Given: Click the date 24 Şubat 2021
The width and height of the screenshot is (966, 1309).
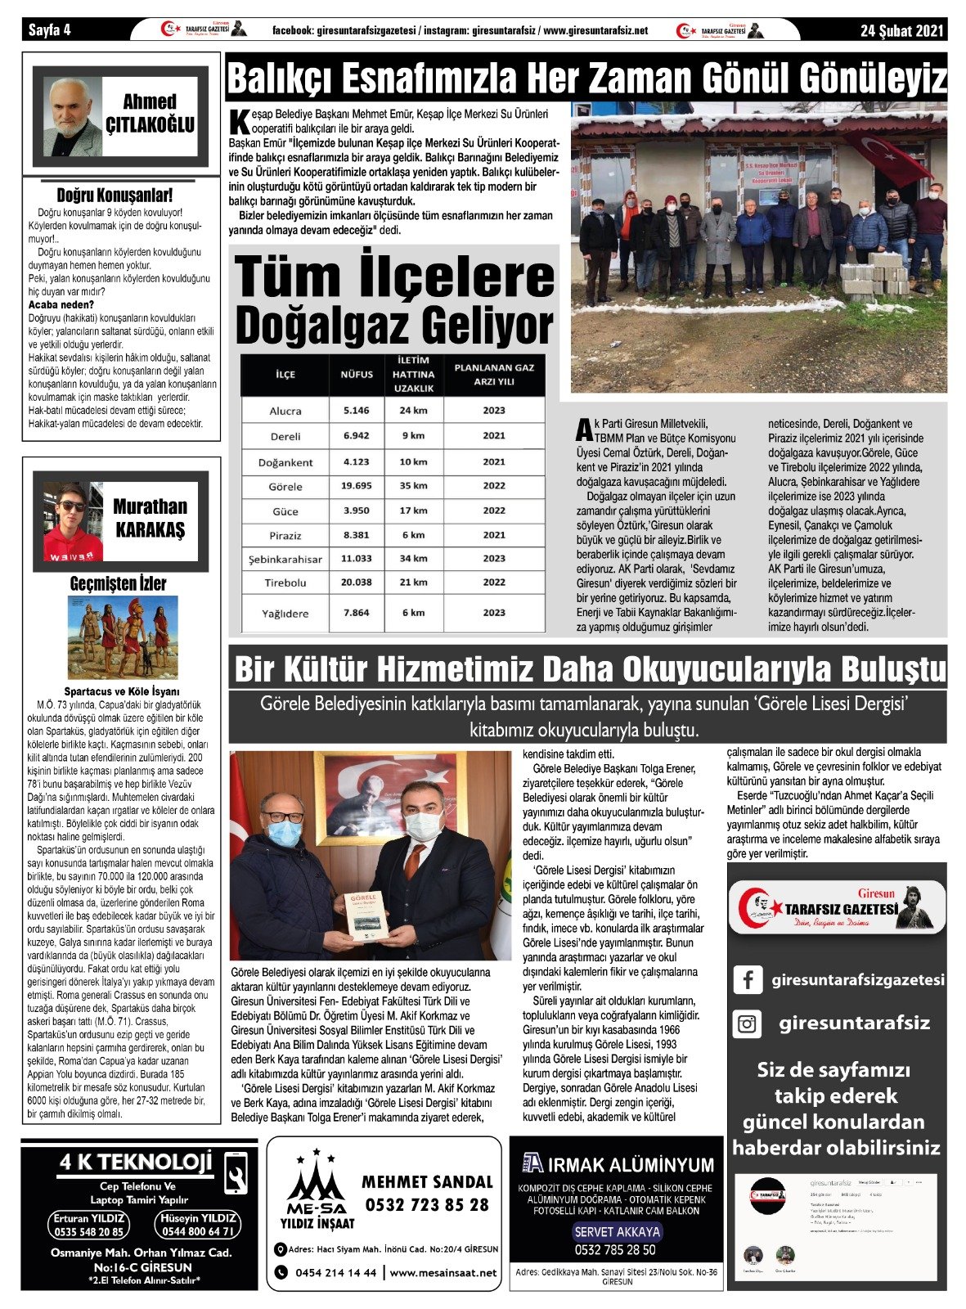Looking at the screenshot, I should pos(901,30).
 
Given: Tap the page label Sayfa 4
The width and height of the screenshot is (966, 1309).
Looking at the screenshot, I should pos(51,30).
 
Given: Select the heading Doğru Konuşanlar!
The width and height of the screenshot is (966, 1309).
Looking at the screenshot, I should pos(115,196).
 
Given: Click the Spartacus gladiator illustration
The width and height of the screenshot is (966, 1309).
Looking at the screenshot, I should pos(122,638).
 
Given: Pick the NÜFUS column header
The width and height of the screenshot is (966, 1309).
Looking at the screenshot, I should pos(356,375).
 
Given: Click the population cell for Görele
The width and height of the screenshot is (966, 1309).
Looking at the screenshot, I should pos(356,486).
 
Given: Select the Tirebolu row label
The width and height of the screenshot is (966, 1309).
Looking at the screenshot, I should pos(285,583).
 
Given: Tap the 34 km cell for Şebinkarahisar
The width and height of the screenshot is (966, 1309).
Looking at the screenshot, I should pos(413,559).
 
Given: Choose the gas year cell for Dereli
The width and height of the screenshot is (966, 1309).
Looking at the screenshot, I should pos(493,436).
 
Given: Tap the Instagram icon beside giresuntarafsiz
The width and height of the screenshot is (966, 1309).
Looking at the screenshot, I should pos(747,1023).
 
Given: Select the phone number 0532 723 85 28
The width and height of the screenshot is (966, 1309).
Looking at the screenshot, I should pos(427,1205).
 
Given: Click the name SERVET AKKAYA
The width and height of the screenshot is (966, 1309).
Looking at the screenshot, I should pos(617,1232).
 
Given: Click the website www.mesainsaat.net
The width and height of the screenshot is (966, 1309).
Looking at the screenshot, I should pos(443,1273).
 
